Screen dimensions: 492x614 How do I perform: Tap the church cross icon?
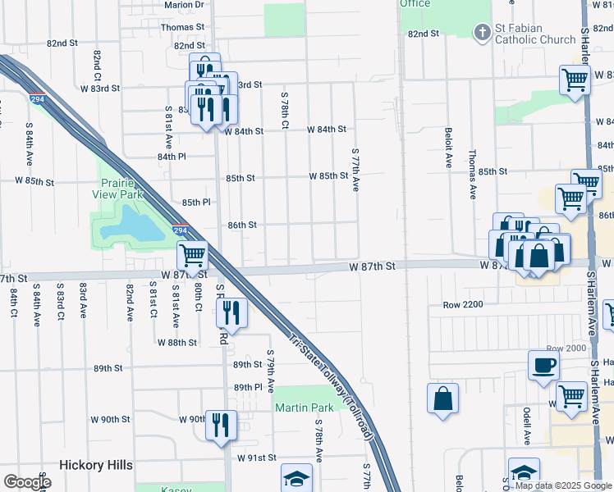(482, 32)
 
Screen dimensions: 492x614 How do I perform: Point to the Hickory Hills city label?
(95, 465)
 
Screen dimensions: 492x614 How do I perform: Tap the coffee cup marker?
(543, 366)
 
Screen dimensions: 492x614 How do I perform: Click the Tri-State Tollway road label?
(332, 385)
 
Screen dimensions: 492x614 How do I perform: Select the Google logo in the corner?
(26, 482)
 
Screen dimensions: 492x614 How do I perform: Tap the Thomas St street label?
(181, 27)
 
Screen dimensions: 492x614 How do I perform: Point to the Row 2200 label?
(463, 304)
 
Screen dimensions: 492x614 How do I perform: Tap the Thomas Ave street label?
(472, 174)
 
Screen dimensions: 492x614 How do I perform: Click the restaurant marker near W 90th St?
(220, 424)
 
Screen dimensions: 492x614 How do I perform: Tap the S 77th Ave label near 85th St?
(355, 170)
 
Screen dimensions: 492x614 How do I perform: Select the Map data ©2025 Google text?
(563, 485)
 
